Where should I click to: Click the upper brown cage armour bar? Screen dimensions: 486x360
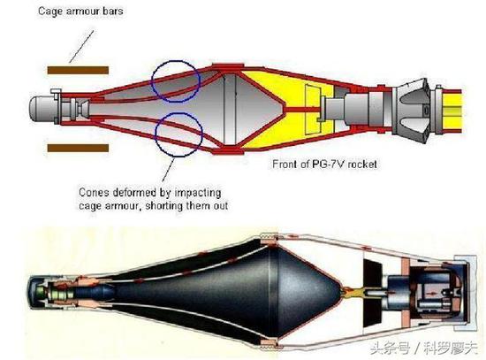(78, 70)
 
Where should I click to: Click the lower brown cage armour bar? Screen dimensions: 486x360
(78, 148)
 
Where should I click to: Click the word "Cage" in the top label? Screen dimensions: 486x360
(48, 11)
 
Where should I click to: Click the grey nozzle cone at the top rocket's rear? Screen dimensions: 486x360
(411, 110)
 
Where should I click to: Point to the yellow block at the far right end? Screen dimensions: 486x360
(452, 110)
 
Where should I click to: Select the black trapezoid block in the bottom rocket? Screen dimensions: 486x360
(372, 293)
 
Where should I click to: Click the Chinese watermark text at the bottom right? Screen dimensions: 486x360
(423, 349)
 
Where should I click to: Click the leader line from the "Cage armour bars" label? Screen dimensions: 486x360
(81, 47)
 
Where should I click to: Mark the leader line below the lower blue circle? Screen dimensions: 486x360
(168, 170)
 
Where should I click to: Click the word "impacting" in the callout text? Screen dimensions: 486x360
(198, 193)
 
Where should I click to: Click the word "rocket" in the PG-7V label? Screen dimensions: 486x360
(362, 164)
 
